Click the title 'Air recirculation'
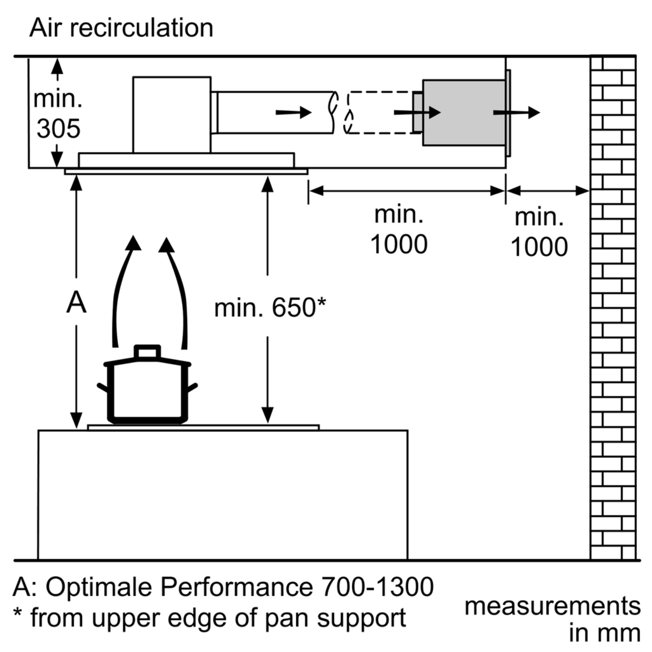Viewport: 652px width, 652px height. click(121, 28)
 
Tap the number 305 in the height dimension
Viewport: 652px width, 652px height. click(58, 128)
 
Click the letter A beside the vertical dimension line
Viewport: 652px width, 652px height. click(76, 303)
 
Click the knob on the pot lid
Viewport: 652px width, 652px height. click(147, 352)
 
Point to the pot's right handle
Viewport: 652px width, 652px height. click(192, 387)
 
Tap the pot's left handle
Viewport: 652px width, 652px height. click(102, 387)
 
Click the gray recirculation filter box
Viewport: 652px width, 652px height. click(464, 113)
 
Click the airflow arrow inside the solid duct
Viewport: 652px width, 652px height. click(293, 112)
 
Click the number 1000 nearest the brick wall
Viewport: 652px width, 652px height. click(539, 247)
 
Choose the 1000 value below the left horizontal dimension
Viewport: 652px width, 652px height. click(399, 244)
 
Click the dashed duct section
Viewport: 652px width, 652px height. click(380, 112)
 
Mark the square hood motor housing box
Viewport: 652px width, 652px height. click(172, 115)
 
